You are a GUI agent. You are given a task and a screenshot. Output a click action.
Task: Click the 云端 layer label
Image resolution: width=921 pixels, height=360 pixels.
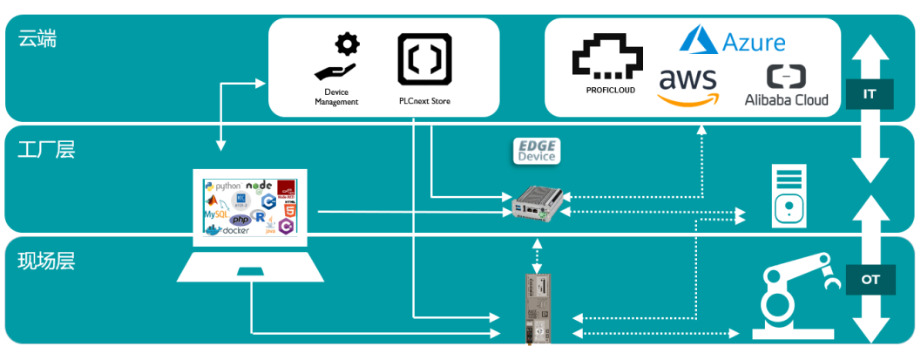[37, 38]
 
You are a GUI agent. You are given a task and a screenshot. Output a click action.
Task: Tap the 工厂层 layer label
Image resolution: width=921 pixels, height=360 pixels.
[46, 149]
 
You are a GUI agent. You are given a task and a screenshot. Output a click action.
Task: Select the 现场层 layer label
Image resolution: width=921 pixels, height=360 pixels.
[46, 258]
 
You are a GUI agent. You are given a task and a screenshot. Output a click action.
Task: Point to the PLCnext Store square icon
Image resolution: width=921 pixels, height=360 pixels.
[423, 59]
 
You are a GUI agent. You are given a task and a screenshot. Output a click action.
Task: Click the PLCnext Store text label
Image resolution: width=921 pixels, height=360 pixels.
[423, 101]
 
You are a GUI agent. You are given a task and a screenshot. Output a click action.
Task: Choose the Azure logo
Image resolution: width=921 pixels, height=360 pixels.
[733, 40]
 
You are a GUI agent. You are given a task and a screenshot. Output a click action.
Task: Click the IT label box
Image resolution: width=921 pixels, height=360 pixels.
[869, 94]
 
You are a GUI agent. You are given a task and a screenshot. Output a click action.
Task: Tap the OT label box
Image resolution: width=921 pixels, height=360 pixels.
[869, 279]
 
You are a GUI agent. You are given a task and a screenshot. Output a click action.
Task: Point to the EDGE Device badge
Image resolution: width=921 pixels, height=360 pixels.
[536, 151]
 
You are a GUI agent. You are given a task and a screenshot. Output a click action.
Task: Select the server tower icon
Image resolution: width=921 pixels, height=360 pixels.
[787, 197]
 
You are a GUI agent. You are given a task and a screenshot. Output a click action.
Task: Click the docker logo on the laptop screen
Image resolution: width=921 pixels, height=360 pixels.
[229, 229]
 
